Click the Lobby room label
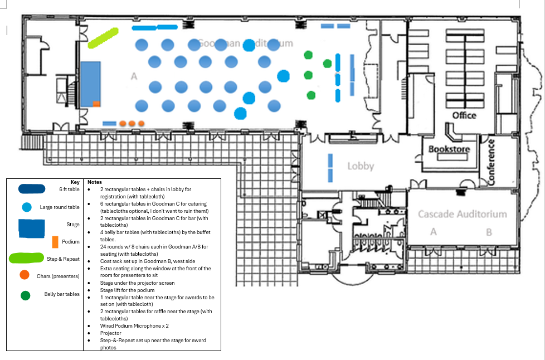(360, 166)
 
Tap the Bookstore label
(449, 149)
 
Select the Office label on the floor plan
(464, 115)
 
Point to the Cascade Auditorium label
(463, 214)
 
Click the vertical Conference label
(492, 162)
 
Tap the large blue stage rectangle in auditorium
(90, 84)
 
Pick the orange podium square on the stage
(96, 104)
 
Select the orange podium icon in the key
(55, 242)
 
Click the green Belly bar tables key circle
(25, 295)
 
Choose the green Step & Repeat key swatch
(26, 259)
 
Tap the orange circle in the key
(24, 275)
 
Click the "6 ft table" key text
(69, 189)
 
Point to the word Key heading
(75, 182)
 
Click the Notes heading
(95, 182)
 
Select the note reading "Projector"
(110, 333)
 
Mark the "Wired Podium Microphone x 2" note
(134, 325)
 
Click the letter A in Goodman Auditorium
(134, 76)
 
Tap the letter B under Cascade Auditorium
(489, 232)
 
